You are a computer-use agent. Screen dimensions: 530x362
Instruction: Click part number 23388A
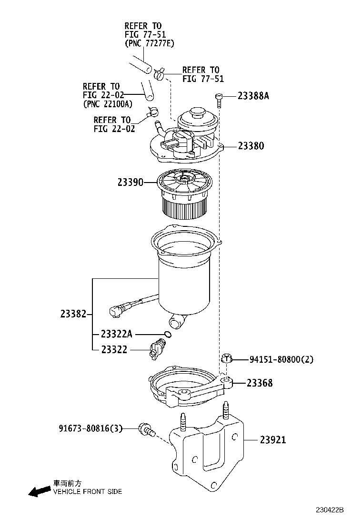pos(253,96)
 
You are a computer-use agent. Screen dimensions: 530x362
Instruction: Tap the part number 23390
pos(130,182)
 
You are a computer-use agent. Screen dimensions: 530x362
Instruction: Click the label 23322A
pos(117,334)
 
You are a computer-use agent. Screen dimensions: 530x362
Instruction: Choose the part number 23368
pos(260,383)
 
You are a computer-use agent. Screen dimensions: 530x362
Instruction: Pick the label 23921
pos(273,440)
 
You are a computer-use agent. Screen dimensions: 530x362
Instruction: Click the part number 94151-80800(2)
pos(282,360)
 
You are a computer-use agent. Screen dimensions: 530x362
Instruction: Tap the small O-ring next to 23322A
pos(167,334)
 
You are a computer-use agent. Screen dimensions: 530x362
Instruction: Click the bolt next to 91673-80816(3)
pos(146,430)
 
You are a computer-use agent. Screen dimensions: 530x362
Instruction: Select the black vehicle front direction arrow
pos(39,491)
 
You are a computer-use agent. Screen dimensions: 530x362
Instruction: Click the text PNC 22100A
pos(108,103)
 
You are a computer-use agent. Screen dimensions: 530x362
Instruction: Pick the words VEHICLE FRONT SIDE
pos(87,491)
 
